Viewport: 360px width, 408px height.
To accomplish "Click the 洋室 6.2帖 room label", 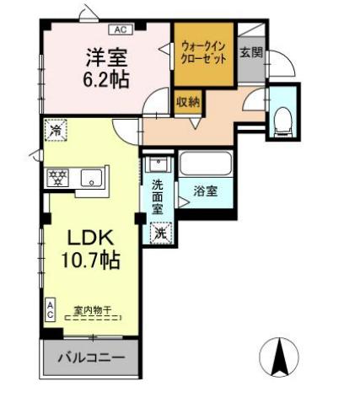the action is tap(107, 68).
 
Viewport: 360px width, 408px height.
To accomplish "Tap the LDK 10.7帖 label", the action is tap(90, 249).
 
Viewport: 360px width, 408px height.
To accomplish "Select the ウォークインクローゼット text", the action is tap(204, 52).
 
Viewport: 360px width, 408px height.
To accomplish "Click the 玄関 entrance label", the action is tap(251, 52).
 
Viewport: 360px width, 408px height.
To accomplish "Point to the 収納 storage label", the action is tap(188, 102).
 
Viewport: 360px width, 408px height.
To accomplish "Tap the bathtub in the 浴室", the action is tap(206, 164).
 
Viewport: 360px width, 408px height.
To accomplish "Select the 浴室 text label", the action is tap(206, 191).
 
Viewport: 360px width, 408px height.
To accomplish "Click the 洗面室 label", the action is tap(158, 197).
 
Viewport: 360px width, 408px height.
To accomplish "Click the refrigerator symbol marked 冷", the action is tap(56, 130).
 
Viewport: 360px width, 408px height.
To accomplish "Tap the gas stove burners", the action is tap(58, 178).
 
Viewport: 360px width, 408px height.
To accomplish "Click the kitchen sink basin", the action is tap(91, 178).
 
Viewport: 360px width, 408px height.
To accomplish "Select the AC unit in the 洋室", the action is tap(121, 30).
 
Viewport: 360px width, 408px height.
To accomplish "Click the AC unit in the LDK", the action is tap(50, 309).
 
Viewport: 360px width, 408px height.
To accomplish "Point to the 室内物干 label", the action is tap(93, 310).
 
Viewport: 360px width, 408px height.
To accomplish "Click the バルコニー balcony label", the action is tap(91, 357).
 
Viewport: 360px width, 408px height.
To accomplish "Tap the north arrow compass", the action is tap(279, 357).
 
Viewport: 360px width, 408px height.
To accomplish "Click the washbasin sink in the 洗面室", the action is tap(158, 164).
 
